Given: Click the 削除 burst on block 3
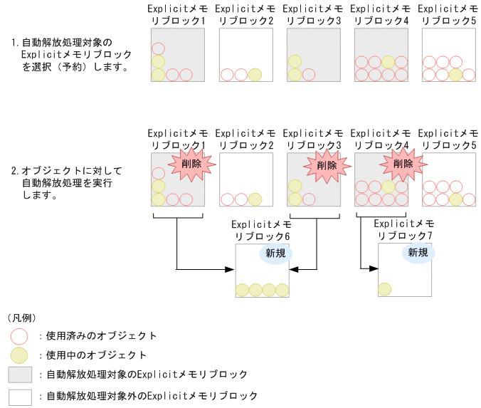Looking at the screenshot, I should coord(327,165).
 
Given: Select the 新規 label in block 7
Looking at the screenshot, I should coord(417,253).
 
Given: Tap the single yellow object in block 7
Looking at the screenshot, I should coord(385,289).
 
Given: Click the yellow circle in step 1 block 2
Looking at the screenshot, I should coord(255,75).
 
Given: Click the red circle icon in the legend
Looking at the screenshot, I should coord(20,335).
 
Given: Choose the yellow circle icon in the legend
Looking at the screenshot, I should coord(20,355).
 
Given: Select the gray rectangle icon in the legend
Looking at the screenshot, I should coord(20,375).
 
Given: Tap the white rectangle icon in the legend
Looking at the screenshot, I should coord(20,396).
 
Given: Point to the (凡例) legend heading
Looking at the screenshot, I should coord(21,317).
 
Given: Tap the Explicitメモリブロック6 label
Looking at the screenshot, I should coord(263,230).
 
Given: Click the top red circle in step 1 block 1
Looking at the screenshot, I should coord(158,49).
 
